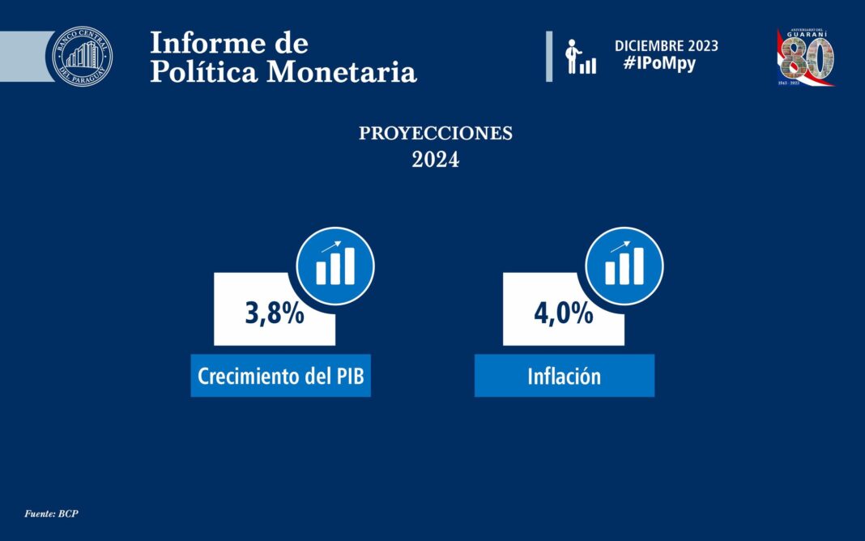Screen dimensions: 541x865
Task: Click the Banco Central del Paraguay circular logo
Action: pos(82,55)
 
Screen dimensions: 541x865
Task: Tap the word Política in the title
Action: pos(205,71)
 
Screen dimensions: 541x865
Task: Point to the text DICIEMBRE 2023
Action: pos(666,46)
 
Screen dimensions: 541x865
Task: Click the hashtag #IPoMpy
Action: pos(659,64)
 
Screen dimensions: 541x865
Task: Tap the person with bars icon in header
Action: pos(581,57)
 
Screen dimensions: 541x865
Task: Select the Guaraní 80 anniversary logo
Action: pos(806,57)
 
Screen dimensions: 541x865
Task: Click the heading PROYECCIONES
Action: pos(436,134)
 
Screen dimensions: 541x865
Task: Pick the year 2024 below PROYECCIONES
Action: pos(436,160)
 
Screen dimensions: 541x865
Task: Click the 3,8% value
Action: pos(275,313)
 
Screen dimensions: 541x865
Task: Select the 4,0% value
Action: pos(563,313)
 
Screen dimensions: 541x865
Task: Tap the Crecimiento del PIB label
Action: pos(280,376)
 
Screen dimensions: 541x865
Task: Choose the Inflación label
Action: pos(565,376)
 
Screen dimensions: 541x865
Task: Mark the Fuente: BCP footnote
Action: pos(51,513)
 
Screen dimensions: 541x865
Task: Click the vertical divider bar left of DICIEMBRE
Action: pos(549,56)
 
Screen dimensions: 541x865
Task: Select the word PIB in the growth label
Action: pos(350,376)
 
